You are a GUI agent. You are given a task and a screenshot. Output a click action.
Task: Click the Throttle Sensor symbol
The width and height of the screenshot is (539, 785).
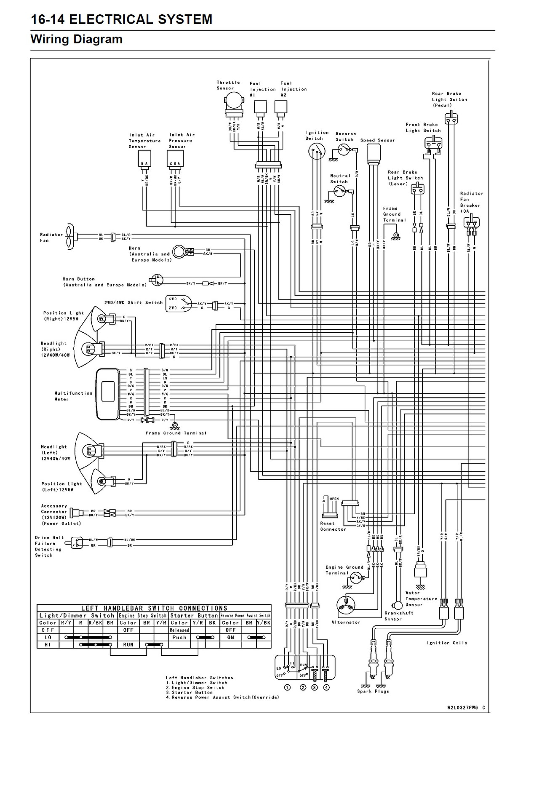(x=233, y=101)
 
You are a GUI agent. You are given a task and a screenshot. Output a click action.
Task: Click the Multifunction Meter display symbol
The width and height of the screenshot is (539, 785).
(x=108, y=394)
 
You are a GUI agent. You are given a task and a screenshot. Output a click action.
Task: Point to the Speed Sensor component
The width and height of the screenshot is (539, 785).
(x=374, y=154)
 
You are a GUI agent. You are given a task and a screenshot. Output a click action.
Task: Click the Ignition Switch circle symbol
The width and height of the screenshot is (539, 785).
(x=316, y=151)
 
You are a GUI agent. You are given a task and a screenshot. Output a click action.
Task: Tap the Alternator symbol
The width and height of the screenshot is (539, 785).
(x=345, y=606)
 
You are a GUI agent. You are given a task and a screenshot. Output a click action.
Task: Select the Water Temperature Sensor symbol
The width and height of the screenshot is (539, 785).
(x=420, y=571)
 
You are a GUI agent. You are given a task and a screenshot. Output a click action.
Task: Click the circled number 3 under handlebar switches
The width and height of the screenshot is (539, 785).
(x=315, y=688)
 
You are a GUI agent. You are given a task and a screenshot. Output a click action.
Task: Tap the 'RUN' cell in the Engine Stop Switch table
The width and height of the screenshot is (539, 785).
(x=128, y=645)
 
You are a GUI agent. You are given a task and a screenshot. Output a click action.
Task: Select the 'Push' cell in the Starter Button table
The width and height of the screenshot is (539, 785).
(x=179, y=638)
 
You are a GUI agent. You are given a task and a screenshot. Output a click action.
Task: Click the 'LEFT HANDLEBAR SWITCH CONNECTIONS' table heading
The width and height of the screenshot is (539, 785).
(x=154, y=608)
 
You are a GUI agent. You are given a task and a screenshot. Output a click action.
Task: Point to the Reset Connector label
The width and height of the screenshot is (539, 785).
(x=333, y=526)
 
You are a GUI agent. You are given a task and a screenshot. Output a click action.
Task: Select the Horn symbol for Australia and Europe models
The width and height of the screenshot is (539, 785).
(x=179, y=251)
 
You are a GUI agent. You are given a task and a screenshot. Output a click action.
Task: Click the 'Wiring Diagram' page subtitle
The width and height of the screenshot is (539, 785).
(x=76, y=40)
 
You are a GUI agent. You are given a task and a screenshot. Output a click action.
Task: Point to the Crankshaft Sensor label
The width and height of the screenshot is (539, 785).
(x=399, y=616)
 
